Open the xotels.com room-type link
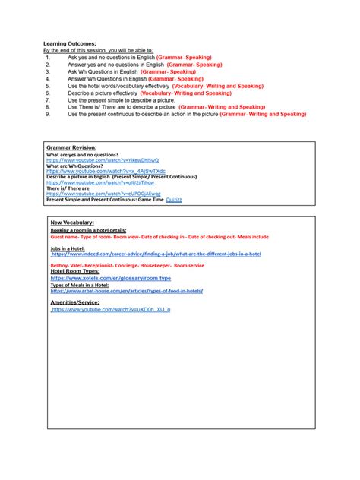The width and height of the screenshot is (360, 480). pos(111,279)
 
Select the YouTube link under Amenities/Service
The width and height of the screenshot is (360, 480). pos(111,310)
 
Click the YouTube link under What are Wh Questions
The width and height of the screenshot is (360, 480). pos(106,172)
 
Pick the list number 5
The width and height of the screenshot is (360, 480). pos(47,86)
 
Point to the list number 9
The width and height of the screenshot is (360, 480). pos(47,114)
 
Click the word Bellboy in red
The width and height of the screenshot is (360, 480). pos(62,266)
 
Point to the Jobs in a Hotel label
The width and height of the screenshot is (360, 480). pos(68,247)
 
